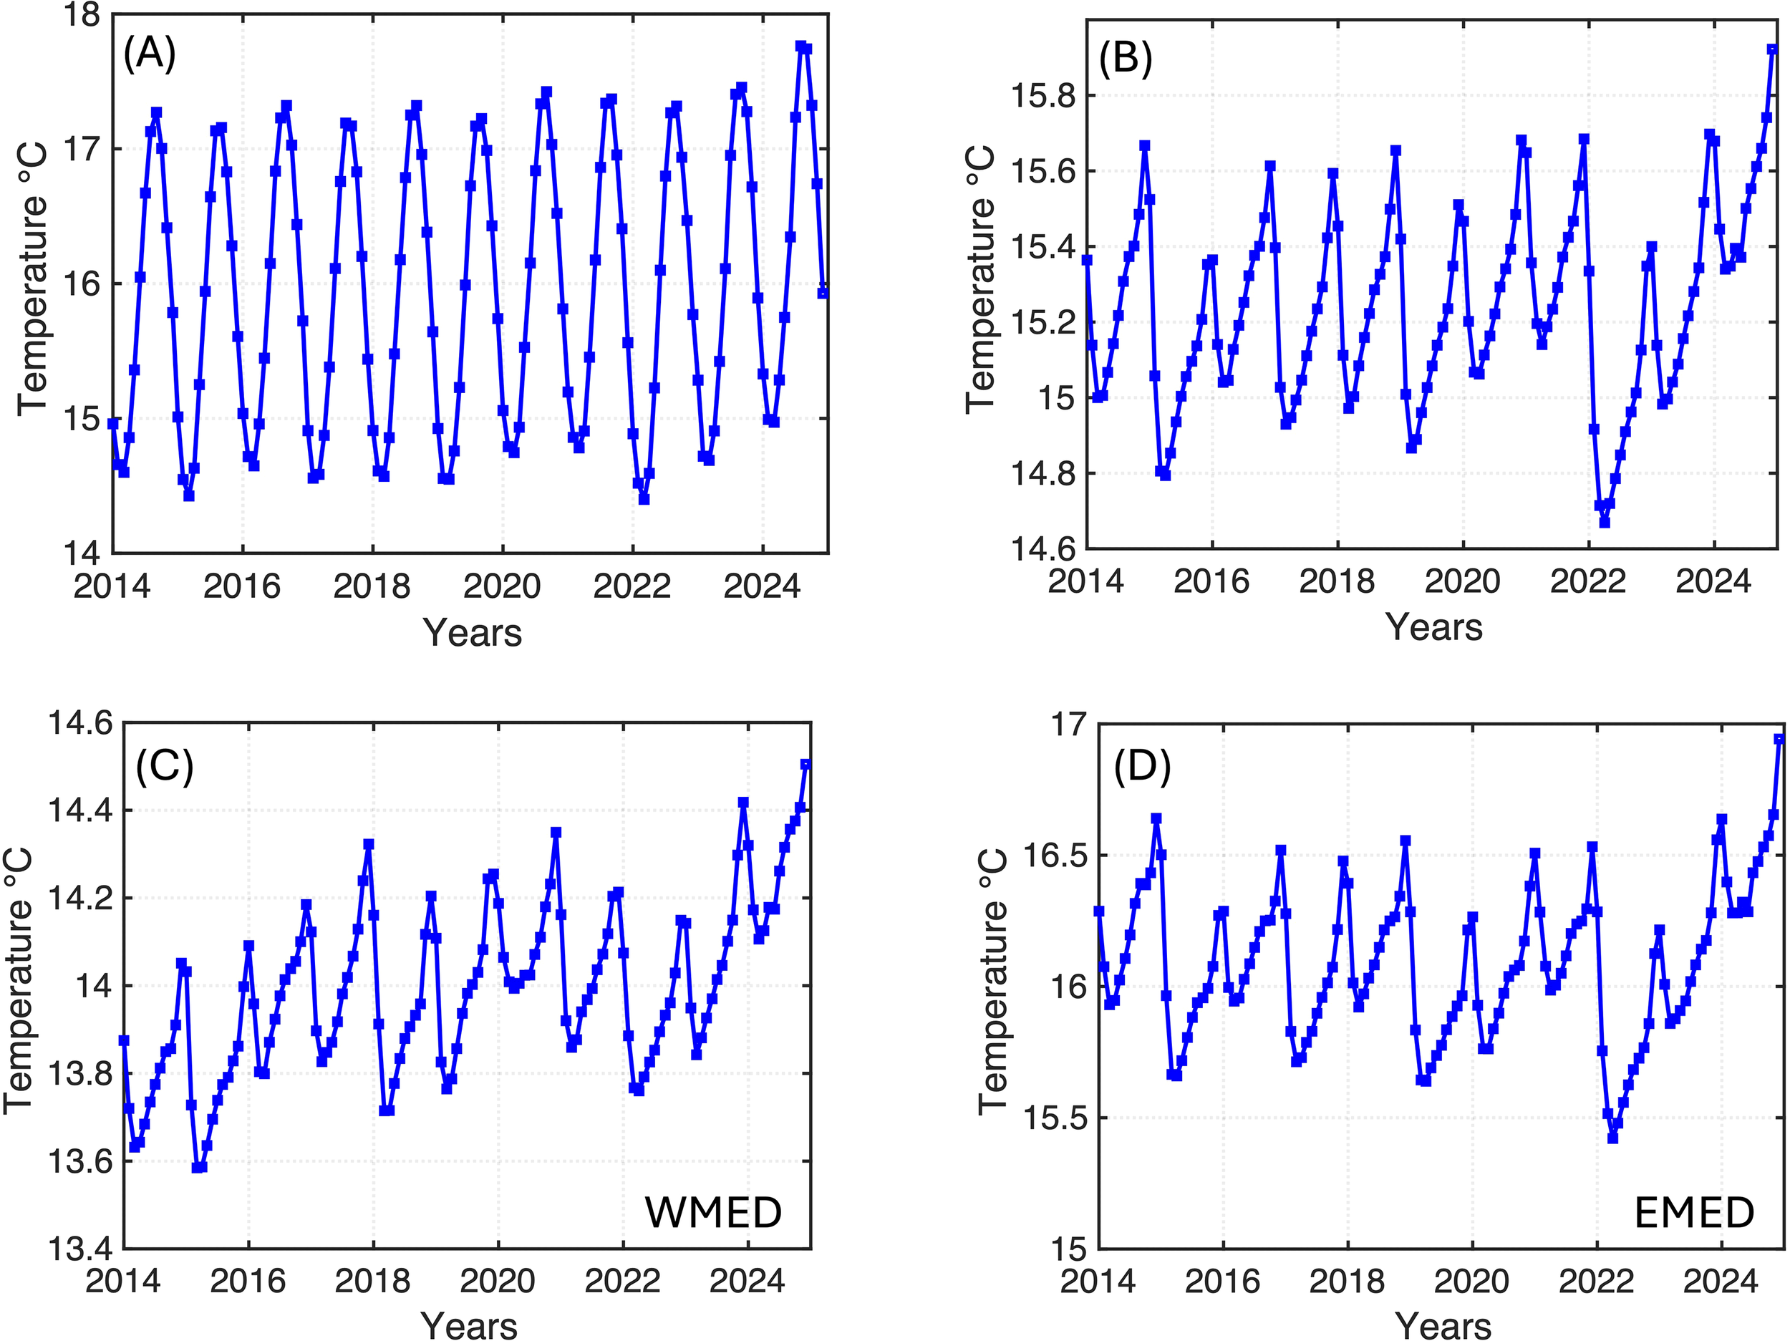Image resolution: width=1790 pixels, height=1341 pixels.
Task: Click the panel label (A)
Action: [x=149, y=55]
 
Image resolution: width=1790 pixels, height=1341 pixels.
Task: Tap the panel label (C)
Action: [x=165, y=765]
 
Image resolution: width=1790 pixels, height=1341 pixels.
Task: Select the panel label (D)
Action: [x=1142, y=766]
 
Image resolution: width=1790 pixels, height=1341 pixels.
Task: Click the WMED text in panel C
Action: [x=713, y=1212]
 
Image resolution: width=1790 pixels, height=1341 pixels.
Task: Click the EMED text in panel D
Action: [x=1694, y=1212]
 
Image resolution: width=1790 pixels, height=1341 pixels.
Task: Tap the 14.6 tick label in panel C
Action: [x=81, y=722]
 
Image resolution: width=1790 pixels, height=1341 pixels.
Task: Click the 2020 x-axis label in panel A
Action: [x=502, y=586]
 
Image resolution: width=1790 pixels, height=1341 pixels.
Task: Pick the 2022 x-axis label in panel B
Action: [x=1587, y=581]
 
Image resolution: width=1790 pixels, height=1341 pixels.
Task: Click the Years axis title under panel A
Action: [x=472, y=632]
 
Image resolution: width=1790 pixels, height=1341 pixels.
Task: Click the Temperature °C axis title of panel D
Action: [x=994, y=982]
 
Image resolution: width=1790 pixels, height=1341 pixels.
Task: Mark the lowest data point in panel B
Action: [x=1605, y=523]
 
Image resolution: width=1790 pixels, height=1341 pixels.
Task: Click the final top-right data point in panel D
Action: [x=1779, y=739]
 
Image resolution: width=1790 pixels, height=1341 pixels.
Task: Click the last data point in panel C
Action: [x=805, y=764]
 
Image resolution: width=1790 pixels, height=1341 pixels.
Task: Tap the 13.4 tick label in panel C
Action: [x=81, y=1249]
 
